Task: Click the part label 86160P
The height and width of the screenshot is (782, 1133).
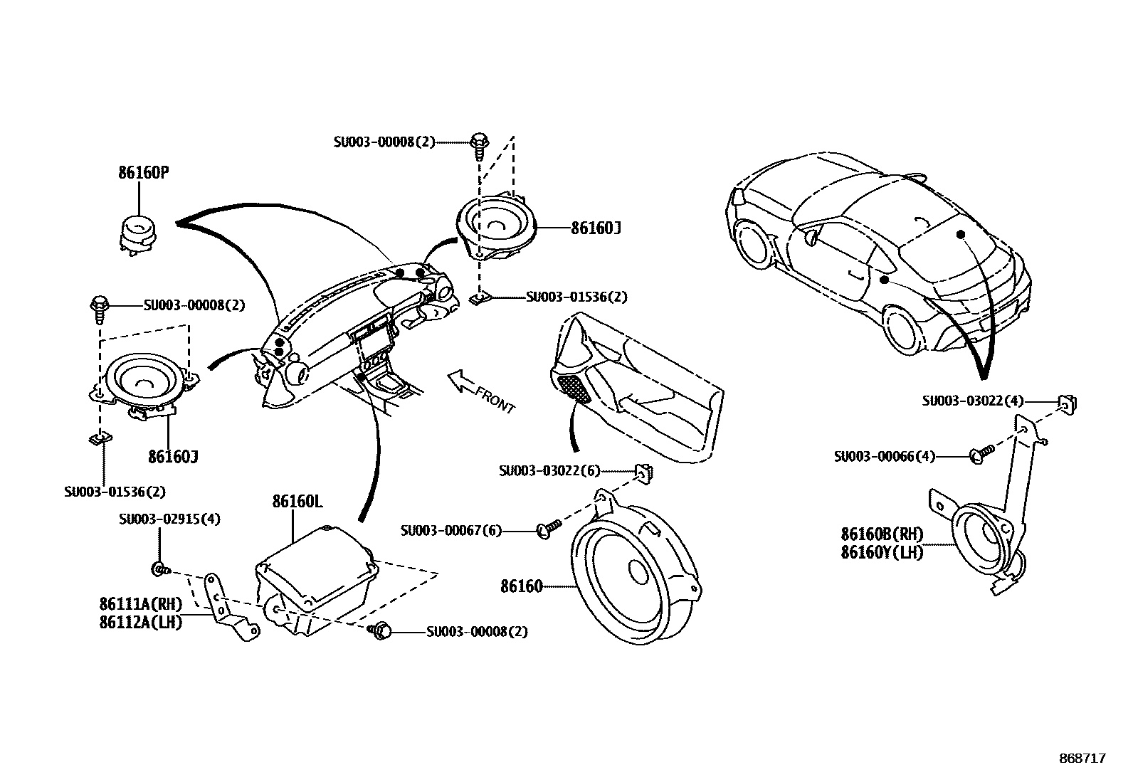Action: coord(143,173)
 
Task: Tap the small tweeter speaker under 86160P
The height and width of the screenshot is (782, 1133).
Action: coord(139,233)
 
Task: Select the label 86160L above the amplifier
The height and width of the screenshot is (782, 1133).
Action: coord(297,502)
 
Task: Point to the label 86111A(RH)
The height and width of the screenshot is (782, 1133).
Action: coord(141,604)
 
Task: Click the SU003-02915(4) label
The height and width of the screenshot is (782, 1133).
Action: coord(169,519)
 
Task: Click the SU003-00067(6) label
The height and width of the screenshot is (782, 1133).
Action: coord(451,530)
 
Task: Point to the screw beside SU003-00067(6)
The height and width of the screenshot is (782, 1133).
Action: coord(549,527)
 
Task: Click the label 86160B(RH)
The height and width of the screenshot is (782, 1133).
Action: coord(882,534)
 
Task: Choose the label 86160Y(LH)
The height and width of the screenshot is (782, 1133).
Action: coord(882,552)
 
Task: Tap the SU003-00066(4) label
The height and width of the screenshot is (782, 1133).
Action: coord(885,456)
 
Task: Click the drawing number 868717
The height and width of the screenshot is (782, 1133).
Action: coord(1082,759)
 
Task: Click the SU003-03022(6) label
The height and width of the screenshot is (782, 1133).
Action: coord(549,470)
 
